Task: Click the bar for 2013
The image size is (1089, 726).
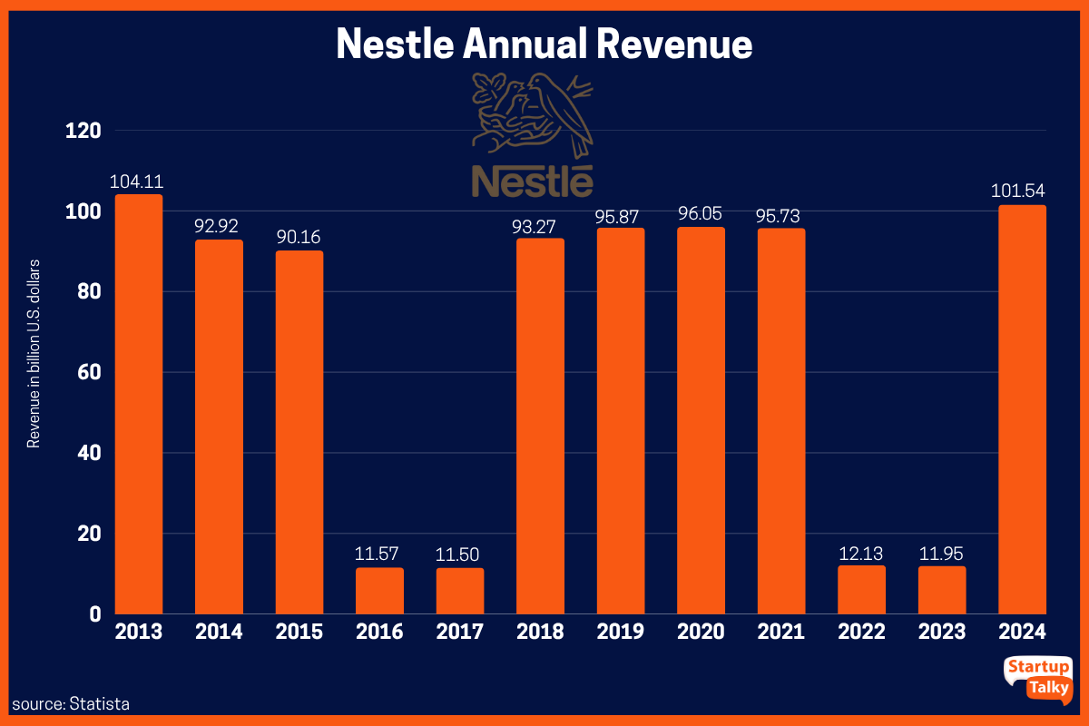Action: tap(138, 404)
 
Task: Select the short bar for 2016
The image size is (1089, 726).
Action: tap(379, 591)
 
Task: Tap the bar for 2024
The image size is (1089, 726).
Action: tap(1022, 409)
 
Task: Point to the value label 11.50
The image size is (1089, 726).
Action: tap(459, 554)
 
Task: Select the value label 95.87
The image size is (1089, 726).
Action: tap(620, 215)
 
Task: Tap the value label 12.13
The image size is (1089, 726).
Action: tap(861, 553)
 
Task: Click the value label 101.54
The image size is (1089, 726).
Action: tap(1022, 192)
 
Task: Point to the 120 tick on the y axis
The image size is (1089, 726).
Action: tap(83, 131)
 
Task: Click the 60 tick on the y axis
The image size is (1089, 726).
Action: tap(89, 372)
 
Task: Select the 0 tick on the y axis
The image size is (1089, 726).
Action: tap(94, 614)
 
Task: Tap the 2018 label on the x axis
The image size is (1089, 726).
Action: tap(540, 632)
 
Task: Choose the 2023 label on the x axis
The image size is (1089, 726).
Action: tap(942, 632)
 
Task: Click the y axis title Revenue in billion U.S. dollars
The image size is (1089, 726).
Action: tap(34, 353)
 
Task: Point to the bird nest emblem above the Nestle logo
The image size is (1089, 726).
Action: tap(532, 114)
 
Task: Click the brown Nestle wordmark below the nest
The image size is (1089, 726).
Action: tap(532, 181)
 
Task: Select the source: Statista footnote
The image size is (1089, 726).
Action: tap(71, 703)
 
